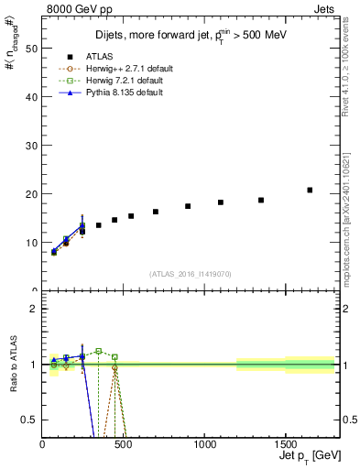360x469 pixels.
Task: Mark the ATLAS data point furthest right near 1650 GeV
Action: tap(310, 190)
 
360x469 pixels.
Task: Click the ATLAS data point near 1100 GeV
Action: tap(221, 202)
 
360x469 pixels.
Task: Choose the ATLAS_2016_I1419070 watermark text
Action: tap(190, 274)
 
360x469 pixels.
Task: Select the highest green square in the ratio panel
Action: tap(99, 351)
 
